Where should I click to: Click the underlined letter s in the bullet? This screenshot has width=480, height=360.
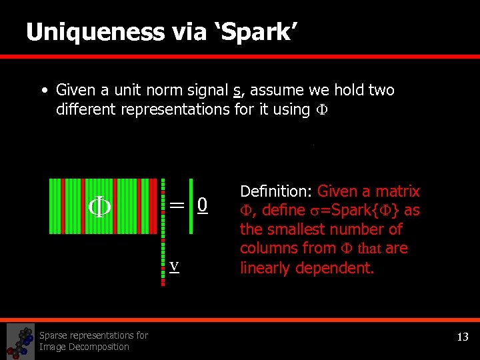[237, 91]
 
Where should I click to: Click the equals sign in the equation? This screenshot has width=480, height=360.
[177, 205]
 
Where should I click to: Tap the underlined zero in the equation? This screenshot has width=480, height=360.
[203, 205]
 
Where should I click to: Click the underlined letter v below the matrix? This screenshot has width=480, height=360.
[173, 265]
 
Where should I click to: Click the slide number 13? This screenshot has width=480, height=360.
[463, 337]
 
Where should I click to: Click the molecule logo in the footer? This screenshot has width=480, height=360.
[20, 341]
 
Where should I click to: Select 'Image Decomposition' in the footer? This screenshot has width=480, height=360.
[84, 347]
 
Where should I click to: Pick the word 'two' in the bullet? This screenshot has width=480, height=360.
[381, 90]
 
